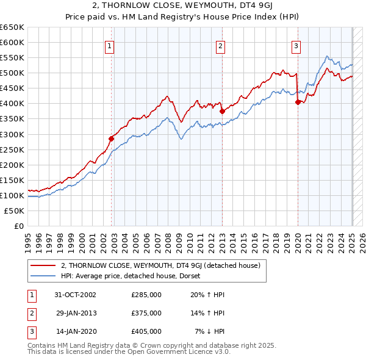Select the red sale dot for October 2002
click(x=112, y=139)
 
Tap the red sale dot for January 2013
click(x=222, y=111)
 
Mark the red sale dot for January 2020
click(x=298, y=102)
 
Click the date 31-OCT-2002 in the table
click(x=76, y=295)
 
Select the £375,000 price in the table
click(x=146, y=313)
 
